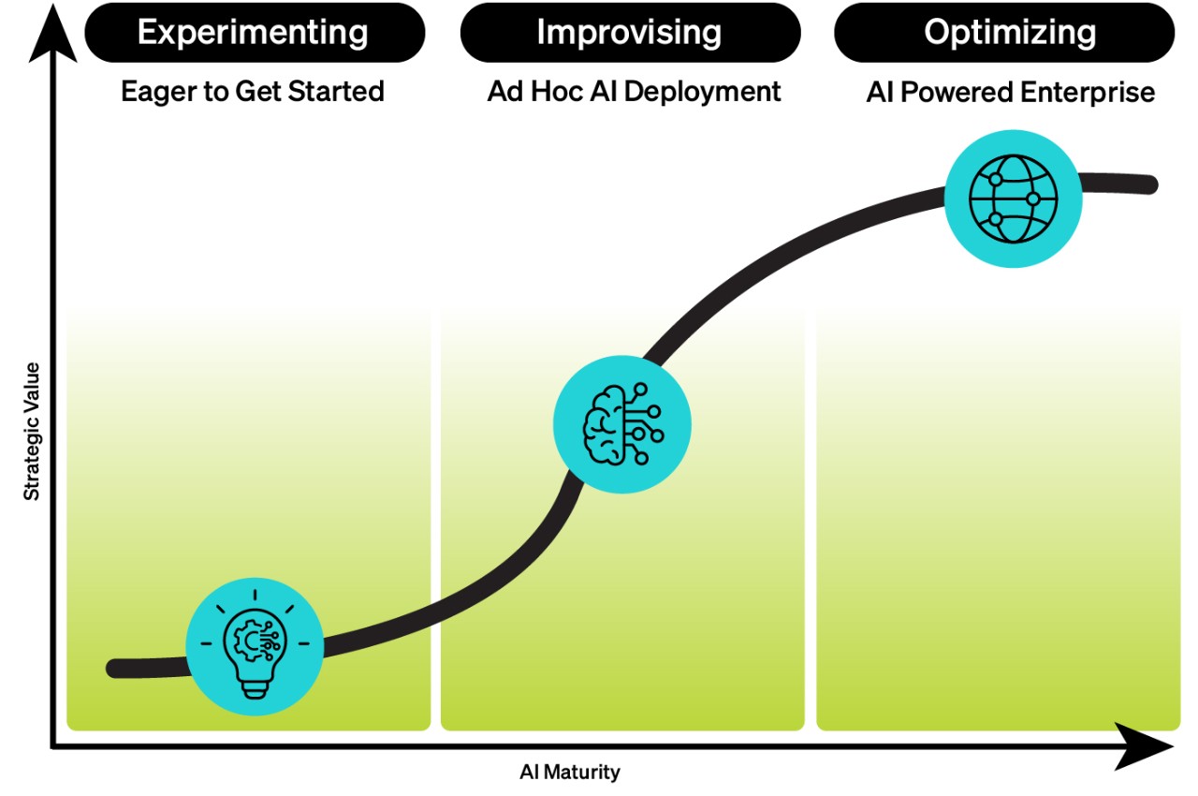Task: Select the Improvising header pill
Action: coord(629,33)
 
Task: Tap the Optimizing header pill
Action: coord(1009,33)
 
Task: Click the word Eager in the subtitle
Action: coord(153,93)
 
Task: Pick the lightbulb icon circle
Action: coord(255,643)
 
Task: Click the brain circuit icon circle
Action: coord(622,425)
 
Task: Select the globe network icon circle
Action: coord(1013,199)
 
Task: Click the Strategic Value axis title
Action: coord(33,431)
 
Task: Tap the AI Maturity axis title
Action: coord(570,773)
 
